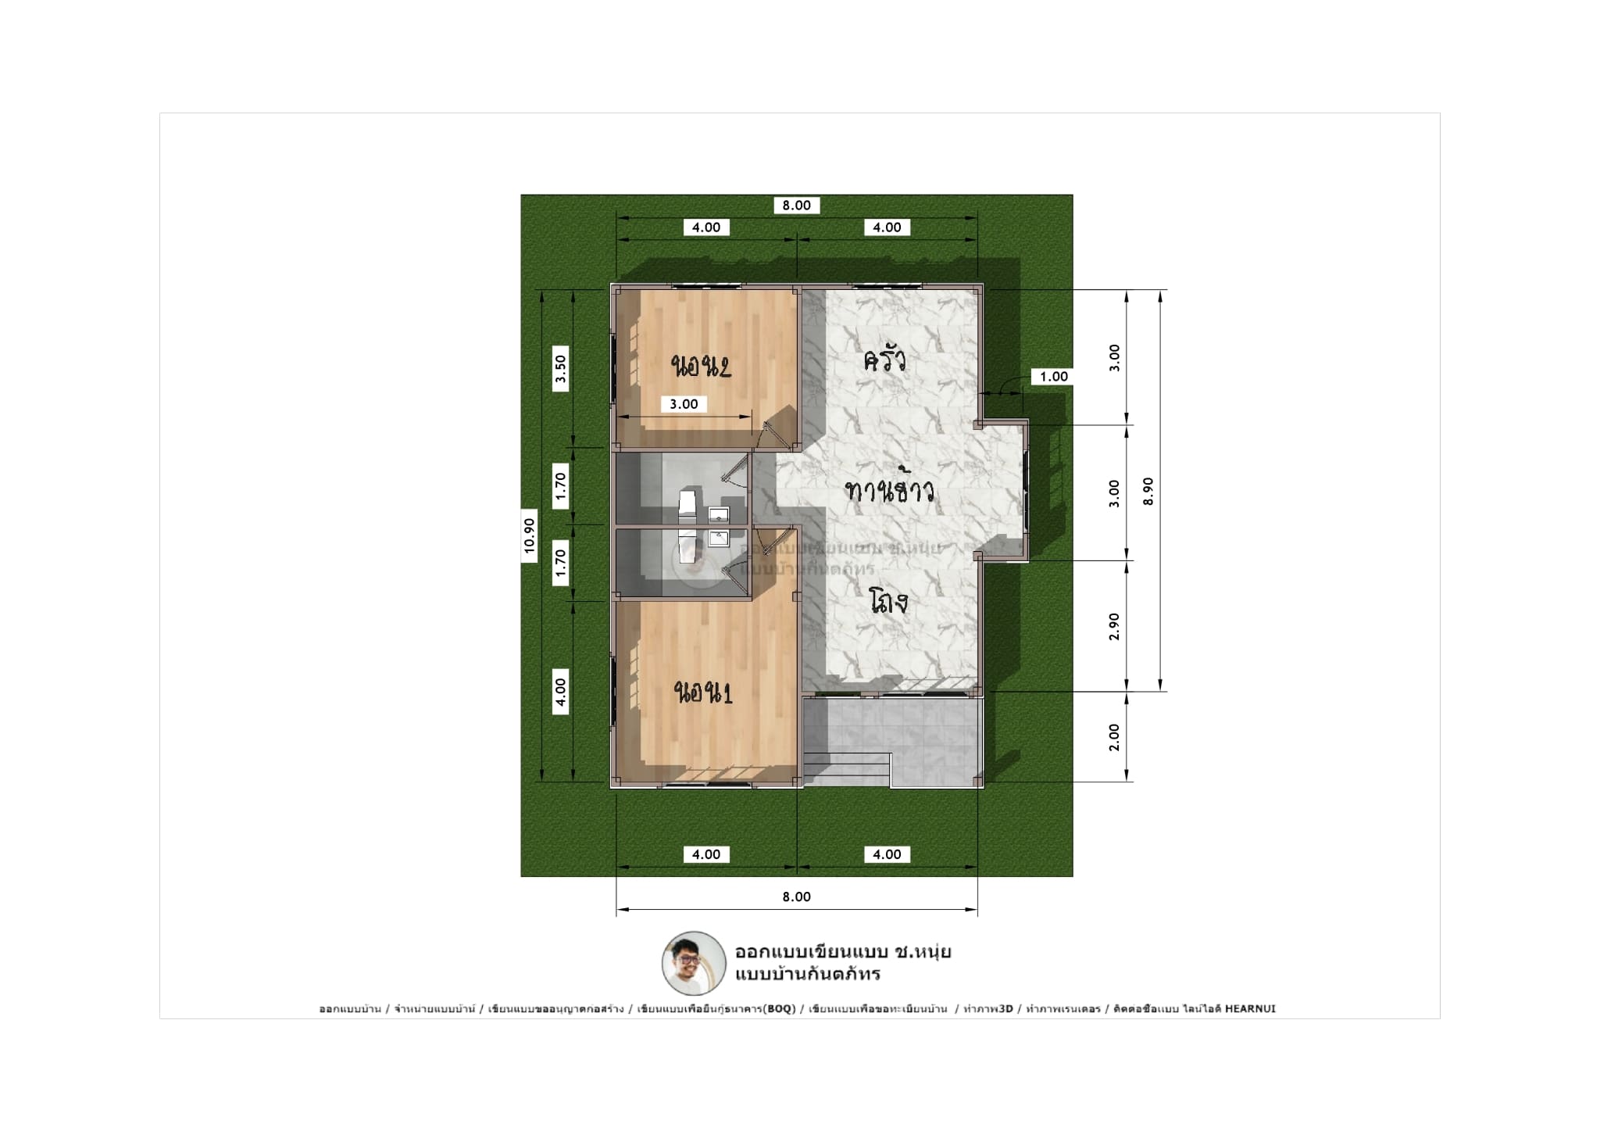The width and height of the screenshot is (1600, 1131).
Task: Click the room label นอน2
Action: [x=701, y=366]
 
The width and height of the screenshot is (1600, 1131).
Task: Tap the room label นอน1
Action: [x=704, y=693]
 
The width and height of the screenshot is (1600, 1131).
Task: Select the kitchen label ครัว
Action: [x=884, y=361]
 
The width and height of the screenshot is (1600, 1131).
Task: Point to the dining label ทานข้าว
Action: [x=890, y=492]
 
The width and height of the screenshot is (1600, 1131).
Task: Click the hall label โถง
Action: [x=888, y=602]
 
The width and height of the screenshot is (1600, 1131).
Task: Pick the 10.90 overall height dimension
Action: [x=530, y=536]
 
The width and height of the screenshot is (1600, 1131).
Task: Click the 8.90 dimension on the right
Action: [x=1148, y=492]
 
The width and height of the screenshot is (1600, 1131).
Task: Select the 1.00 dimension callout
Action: [x=1053, y=377]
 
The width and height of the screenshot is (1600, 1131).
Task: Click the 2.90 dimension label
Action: [x=1114, y=626]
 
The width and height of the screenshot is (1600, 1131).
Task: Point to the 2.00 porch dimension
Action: [x=1114, y=737]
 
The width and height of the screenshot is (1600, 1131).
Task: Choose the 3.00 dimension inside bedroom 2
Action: [x=684, y=404]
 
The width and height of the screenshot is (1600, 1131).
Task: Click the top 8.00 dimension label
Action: [x=796, y=206]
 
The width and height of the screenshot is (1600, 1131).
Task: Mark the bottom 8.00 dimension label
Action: [x=796, y=897]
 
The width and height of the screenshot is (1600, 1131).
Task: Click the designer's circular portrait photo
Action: [x=693, y=963]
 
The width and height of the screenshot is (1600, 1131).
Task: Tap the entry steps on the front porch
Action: [x=848, y=769]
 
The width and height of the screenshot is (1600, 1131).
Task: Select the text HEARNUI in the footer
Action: [x=1250, y=1009]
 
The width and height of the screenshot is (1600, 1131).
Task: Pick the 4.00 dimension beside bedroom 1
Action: [x=560, y=692]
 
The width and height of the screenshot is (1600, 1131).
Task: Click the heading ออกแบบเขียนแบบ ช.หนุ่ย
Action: [x=842, y=952]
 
